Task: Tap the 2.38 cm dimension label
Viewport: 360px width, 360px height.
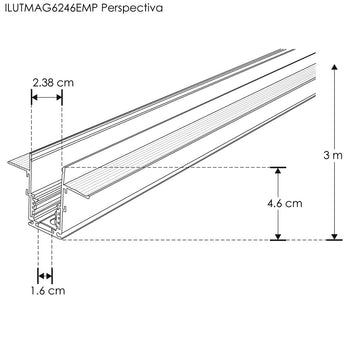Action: click(x=46, y=80)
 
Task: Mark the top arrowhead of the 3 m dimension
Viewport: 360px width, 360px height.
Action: click(x=330, y=63)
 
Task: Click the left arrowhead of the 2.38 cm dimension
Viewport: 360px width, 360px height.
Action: click(x=35, y=96)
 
